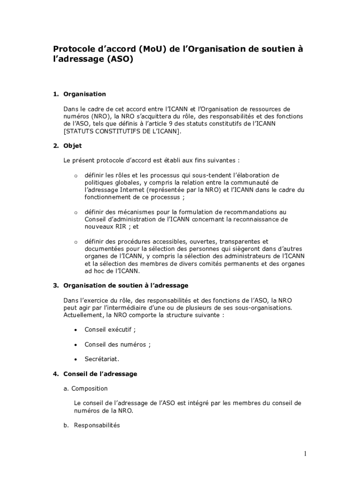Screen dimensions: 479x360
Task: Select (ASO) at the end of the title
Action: click(120, 60)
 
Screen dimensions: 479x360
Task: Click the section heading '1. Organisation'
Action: click(79, 94)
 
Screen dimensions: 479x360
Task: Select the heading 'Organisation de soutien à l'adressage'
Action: click(126, 285)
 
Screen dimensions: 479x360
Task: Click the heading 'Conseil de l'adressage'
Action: click(100, 374)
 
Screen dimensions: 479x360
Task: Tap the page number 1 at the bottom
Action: click(305, 453)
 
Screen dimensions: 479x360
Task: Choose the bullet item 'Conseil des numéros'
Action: click(117, 344)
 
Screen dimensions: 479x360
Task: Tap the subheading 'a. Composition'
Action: click(86, 388)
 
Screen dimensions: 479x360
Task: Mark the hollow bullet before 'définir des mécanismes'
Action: click(75, 212)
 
